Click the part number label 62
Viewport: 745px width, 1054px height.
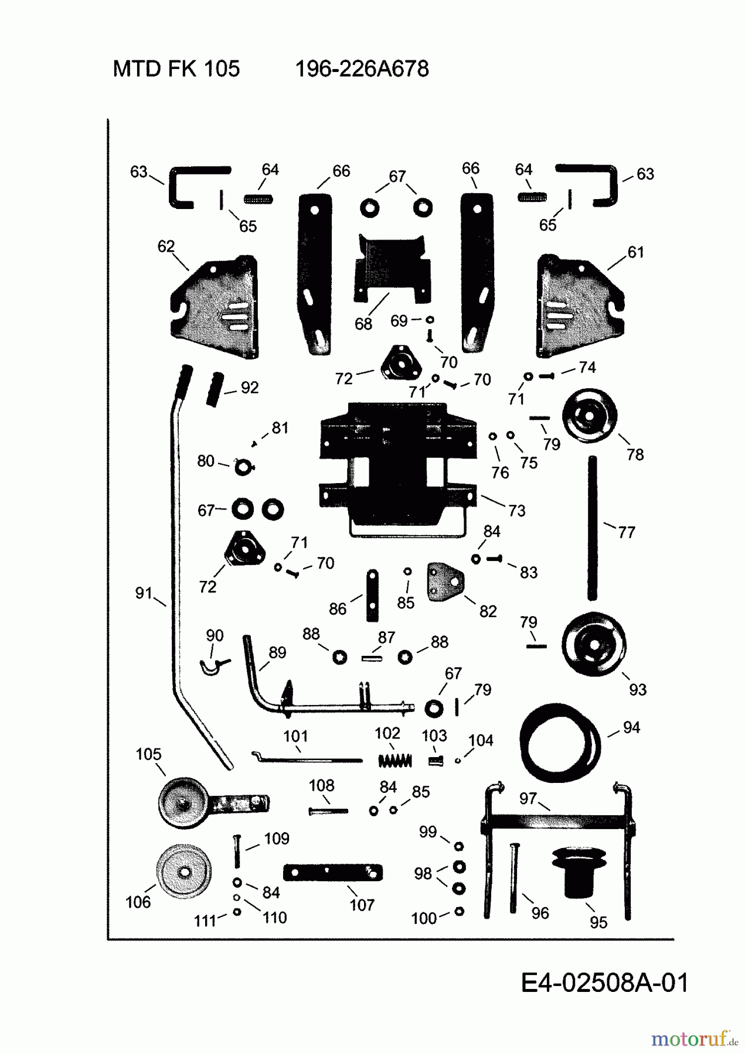pos(166,247)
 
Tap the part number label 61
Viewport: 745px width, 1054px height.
pos(635,252)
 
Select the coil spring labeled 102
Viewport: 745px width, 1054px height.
pos(395,761)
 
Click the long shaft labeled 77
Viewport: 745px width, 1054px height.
pos(593,529)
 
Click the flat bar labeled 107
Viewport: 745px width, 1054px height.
pos(332,872)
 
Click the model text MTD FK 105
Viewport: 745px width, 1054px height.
pos(176,69)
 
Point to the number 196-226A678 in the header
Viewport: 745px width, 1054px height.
pos(362,69)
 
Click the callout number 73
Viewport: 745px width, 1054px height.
pos(516,511)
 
